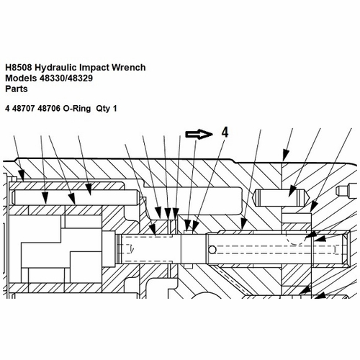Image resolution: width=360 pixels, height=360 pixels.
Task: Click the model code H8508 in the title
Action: click(19, 68)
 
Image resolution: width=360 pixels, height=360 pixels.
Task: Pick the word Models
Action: click(21, 78)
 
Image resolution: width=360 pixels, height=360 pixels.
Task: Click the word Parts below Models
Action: click(17, 89)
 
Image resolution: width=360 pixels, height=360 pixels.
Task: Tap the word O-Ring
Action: click(77, 109)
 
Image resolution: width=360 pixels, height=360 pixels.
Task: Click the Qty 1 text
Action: click(107, 109)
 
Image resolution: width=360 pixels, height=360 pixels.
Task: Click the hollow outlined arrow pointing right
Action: click(199, 135)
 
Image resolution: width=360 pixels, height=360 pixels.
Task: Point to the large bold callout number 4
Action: click(225, 132)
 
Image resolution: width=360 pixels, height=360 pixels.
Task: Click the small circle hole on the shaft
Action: click(212, 250)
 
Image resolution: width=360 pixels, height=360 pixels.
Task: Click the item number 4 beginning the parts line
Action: click(8, 109)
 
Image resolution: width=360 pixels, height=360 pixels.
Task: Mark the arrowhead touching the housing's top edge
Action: click(284, 155)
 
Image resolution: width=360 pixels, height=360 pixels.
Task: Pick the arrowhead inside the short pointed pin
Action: click(292, 191)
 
